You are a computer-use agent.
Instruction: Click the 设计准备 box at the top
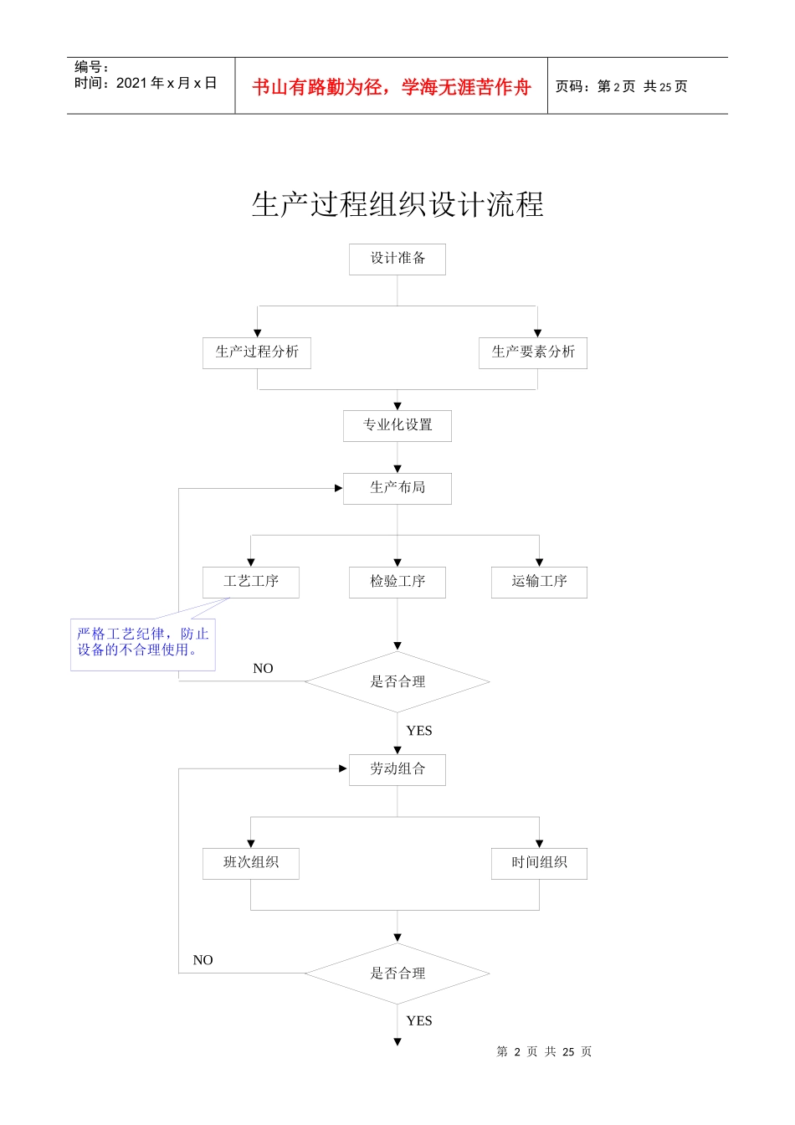[397, 259]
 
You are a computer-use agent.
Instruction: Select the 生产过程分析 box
[257, 352]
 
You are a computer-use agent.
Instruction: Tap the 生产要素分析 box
[533, 352]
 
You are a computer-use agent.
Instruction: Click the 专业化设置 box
[397, 425]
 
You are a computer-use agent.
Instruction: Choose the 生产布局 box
[397, 488]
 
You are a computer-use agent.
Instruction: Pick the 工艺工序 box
[251, 582]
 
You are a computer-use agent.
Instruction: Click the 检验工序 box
[397, 582]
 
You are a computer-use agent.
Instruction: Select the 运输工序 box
[539, 582]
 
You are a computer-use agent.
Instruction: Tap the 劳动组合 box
[397, 769]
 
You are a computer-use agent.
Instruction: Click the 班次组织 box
[251, 863]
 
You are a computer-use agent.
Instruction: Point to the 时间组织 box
[539, 863]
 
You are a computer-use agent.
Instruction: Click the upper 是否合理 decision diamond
[397, 682]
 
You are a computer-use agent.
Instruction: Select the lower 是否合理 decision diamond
[397, 973]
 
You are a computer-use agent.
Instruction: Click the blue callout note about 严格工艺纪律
[143, 643]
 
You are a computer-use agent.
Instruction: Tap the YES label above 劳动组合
[419, 731]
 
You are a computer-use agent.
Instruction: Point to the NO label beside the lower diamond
[203, 960]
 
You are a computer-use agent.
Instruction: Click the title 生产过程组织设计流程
[397, 205]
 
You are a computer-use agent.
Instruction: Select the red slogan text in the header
[392, 87]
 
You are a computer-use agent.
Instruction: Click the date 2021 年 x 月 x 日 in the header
[167, 83]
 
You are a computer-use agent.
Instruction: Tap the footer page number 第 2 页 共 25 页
[544, 1052]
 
